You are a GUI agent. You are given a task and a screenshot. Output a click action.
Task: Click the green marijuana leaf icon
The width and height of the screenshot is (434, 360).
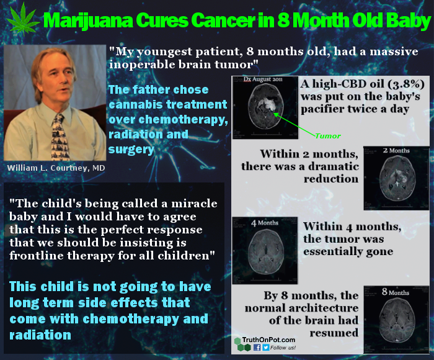click(x=23, y=19)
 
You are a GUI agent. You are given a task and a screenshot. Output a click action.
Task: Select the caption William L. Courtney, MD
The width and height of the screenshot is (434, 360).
click(x=56, y=168)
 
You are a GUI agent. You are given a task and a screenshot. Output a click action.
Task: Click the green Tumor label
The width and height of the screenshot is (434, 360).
click(x=328, y=136)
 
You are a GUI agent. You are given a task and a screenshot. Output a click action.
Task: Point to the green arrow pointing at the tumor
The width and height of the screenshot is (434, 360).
click(x=294, y=124)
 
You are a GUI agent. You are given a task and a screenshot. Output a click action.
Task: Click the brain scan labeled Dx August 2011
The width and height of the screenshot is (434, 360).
click(x=265, y=107)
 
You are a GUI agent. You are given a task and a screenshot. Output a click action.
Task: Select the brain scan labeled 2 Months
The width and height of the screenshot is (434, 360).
click(x=396, y=178)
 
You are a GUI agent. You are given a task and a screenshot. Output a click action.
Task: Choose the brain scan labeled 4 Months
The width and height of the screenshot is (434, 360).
click(x=265, y=251)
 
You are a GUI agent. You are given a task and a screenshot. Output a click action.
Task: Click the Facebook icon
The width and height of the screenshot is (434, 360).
click(x=257, y=347)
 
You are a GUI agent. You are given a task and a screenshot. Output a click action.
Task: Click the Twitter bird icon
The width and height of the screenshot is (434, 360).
click(x=266, y=347)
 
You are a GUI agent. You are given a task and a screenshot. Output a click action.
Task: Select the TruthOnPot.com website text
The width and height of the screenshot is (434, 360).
click(x=268, y=340)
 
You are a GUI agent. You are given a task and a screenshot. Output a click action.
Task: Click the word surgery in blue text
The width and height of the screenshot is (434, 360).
click(x=131, y=150)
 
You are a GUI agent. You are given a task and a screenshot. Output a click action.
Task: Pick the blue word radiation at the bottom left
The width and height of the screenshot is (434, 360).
click(x=40, y=335)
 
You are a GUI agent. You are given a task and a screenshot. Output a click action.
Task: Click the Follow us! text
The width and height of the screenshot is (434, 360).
click(x=283, y=348)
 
